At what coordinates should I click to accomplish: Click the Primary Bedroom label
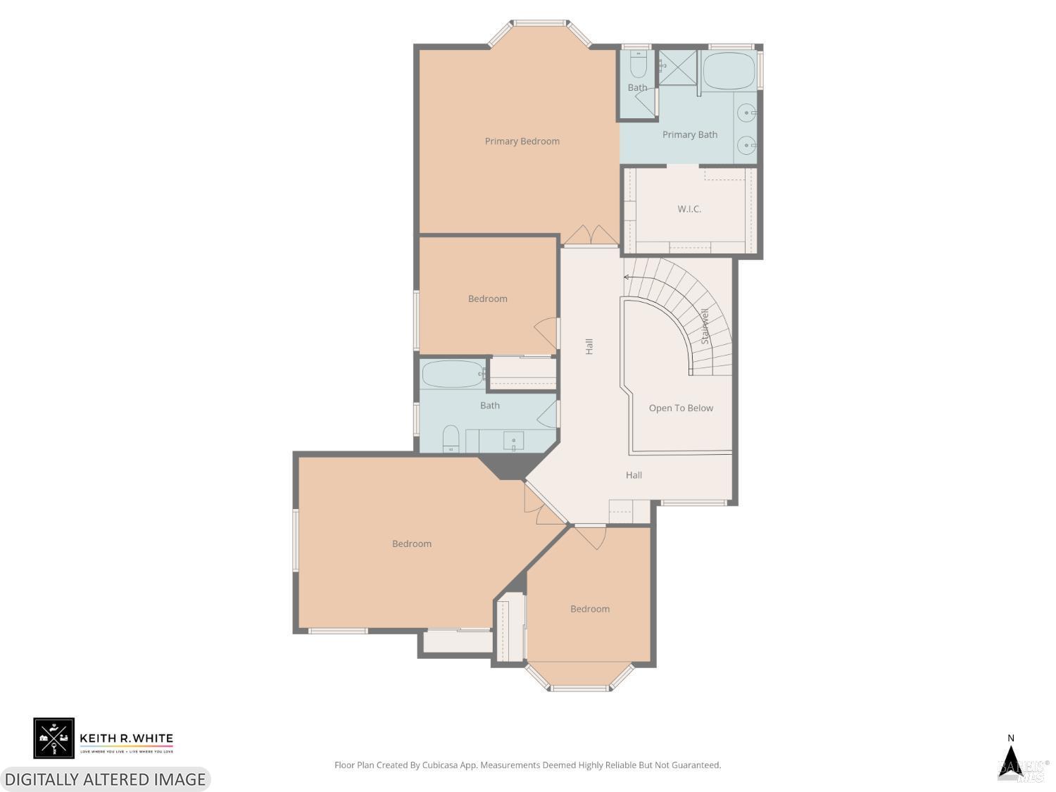pyautogui.click(x=522, y=142)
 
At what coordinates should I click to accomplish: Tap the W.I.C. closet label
pyautogui.click(x=689, y=209)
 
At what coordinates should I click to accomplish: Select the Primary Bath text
pyautogui.click(x=689, y=134)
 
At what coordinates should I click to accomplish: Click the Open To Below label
pyautogui.click(x=681, y=408)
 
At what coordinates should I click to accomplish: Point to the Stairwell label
pyautogui.click(x=705, y=327)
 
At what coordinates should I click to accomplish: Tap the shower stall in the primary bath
pyautogui.click(x=677, y=68)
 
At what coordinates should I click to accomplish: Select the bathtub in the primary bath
pyautogui.click(x=729, y=71)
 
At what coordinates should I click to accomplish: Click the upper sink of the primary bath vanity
pyautogui.click(x=746, y=113)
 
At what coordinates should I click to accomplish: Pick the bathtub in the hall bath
pyautogui.click(x=453, y=374)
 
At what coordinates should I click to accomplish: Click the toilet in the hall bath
pyautogui.click(x=451, y=439)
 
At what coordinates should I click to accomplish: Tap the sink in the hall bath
pyautogui.click(x=513, y=441)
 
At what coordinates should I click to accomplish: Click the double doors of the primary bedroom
pyautogui.click(x=591, y=236)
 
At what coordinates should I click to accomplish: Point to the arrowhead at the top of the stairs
pyautogui.click(x=627, y=277)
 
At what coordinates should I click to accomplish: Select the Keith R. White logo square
pyautogui.click(x=54, y=738)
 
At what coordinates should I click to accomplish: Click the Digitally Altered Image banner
pyautogui.click(x=105, y=779)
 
